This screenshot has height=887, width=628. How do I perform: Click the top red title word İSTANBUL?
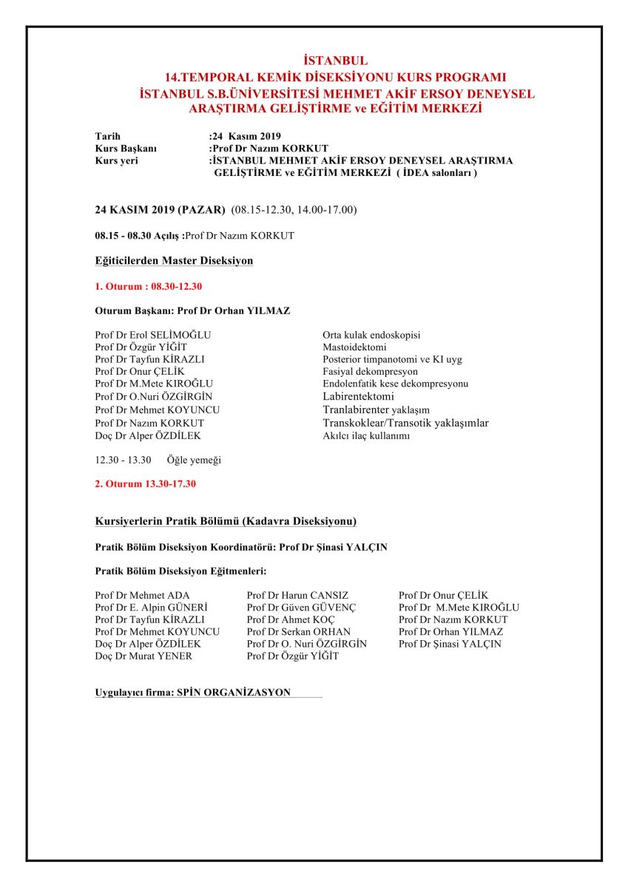(336, 61)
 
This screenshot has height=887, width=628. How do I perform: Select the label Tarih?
(108, 137)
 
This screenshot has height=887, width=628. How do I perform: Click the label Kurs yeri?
(116, 160)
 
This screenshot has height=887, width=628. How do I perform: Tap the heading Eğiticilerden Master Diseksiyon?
(174, 261)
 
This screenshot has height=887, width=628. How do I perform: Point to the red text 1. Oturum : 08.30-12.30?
(149, 286)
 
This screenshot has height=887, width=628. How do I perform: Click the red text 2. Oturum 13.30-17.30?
(146, 484)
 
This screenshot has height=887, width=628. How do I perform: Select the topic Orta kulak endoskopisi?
(371, 335)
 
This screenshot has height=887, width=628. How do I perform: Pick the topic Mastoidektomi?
(354, 347)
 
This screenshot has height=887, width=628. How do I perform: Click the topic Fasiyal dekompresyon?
(370, 372)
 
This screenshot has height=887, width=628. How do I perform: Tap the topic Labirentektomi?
(358, 397)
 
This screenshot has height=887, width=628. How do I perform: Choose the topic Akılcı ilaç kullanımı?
(367, 435)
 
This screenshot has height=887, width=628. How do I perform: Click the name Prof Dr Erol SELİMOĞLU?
(153, 335)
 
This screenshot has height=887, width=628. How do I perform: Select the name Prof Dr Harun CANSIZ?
(297, 595)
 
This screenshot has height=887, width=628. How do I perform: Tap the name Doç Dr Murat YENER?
(144, 656)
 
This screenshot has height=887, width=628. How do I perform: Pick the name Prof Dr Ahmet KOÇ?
(291, 619)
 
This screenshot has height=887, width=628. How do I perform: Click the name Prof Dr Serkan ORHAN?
(299, 632)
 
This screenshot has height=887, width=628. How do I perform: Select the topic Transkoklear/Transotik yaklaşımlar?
(405, 423)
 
